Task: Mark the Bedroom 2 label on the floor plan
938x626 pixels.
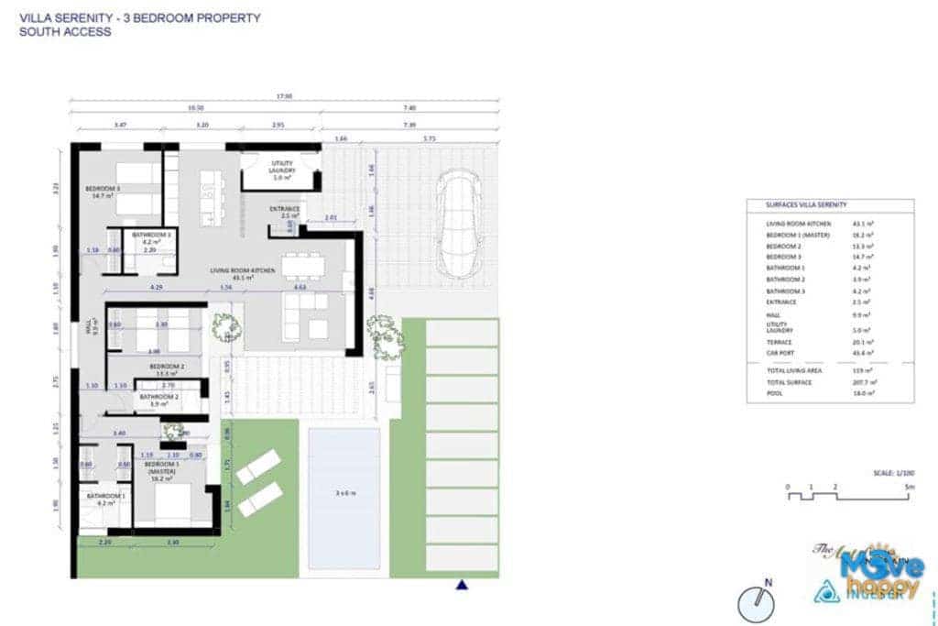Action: click(168, 368)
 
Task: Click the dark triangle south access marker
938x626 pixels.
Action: click(463, 585)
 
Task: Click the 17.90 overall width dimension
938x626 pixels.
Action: click(285, 95)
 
